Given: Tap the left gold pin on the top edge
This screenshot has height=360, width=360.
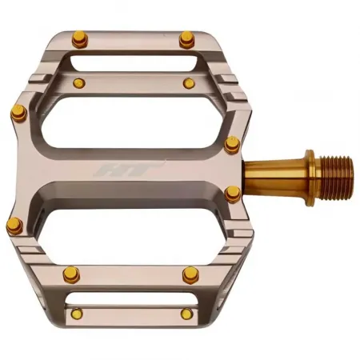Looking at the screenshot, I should (x=79, y=38).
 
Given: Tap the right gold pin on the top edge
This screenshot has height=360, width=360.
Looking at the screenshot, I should (x=186, y=38).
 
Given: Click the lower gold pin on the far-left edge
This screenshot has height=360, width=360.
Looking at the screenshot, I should (x=14, y=226).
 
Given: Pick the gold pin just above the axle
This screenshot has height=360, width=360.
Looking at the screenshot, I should (x=232, y=144).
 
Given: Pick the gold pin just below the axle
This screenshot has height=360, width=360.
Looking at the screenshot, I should (x=232, y=193).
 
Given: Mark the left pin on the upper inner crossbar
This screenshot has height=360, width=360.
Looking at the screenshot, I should (x=78, y=83).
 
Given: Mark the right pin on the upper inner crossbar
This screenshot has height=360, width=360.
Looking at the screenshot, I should (x=188, y=83).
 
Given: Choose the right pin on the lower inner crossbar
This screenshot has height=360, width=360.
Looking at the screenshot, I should (x=190, y=274).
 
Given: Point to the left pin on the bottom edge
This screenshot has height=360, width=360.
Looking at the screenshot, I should (x=78, y=314).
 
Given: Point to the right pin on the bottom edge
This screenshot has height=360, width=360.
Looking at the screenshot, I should (x=186, y=314).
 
